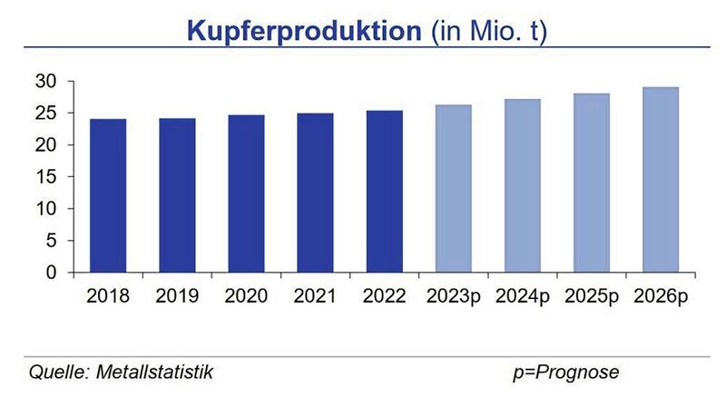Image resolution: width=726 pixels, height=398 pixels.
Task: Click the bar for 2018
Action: [108, 195]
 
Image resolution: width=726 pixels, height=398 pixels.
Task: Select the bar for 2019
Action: [177, 195]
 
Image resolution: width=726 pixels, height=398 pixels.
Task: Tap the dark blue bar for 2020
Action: [246, 194]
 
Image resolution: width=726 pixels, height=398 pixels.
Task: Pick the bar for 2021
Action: [315, 193]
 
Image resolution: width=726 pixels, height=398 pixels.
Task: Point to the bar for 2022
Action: [384, 192]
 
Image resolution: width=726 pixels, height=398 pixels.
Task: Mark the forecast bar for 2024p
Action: [523, 186]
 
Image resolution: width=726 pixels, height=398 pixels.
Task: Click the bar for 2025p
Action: [592, 183]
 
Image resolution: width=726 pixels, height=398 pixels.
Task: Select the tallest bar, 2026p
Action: [661, 180]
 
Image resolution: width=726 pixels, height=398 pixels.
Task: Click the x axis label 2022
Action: [384, 296]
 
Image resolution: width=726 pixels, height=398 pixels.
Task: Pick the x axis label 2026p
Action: [661, 296]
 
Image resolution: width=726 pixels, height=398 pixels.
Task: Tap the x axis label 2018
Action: [108, 296]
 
